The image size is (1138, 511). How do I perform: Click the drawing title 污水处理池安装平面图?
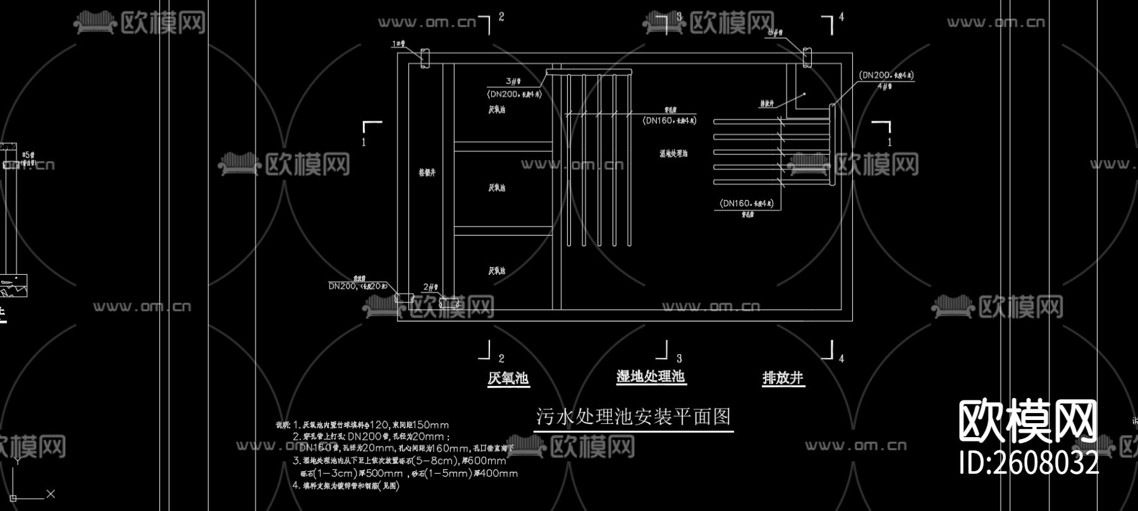point(633,417)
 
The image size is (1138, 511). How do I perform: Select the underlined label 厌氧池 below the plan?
point(508,378)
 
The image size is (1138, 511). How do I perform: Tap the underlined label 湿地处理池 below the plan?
point(651,377)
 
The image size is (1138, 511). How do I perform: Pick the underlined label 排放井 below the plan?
point(783,378)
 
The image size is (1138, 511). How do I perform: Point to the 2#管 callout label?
point(430,288)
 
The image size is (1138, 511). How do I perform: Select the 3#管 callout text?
point(513,81)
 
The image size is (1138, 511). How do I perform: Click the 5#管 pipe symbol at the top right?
point(807,57)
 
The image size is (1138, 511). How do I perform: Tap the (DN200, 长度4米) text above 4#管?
point(886,75)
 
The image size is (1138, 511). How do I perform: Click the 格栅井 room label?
point(427,172)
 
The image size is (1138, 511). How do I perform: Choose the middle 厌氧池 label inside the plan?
point(497,188)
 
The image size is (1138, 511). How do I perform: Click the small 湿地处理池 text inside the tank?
point(673,153)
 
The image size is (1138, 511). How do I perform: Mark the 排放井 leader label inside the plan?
point(766,104)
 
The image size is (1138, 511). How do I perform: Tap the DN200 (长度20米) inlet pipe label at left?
point(357,286)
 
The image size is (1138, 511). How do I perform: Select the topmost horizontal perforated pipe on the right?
point(771,121)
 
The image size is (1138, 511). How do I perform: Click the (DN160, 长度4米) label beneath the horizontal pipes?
point(747,203)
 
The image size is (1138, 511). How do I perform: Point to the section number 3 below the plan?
point(680,358)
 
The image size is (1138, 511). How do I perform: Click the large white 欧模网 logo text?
point(1028,421)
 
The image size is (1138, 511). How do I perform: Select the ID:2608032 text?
point(1029,463)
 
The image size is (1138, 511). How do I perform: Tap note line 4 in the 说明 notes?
point(346,486)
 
